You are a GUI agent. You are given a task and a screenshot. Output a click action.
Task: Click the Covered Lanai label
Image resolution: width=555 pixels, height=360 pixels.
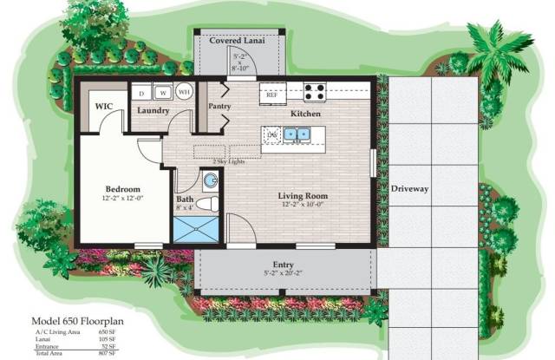pos(237,40)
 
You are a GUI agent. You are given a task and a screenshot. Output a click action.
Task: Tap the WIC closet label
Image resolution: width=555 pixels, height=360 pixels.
pos(105,107)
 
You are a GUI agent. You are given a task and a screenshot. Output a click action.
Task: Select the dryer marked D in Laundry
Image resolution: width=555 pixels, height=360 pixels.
pos(141,92)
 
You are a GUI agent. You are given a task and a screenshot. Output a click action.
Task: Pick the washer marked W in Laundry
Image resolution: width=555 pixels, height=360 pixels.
pos(161,92)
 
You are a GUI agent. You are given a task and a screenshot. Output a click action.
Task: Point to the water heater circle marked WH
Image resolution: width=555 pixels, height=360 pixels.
pos(184,91)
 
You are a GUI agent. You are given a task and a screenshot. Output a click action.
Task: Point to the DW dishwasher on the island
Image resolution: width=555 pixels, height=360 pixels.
pos(272,134)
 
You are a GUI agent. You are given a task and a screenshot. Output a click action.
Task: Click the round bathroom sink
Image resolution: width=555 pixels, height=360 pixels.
pos(210,180)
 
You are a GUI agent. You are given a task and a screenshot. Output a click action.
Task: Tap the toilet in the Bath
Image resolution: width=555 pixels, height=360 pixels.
pos(205,205)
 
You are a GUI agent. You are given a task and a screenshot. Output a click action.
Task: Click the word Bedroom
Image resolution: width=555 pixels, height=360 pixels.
pos(123,188)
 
